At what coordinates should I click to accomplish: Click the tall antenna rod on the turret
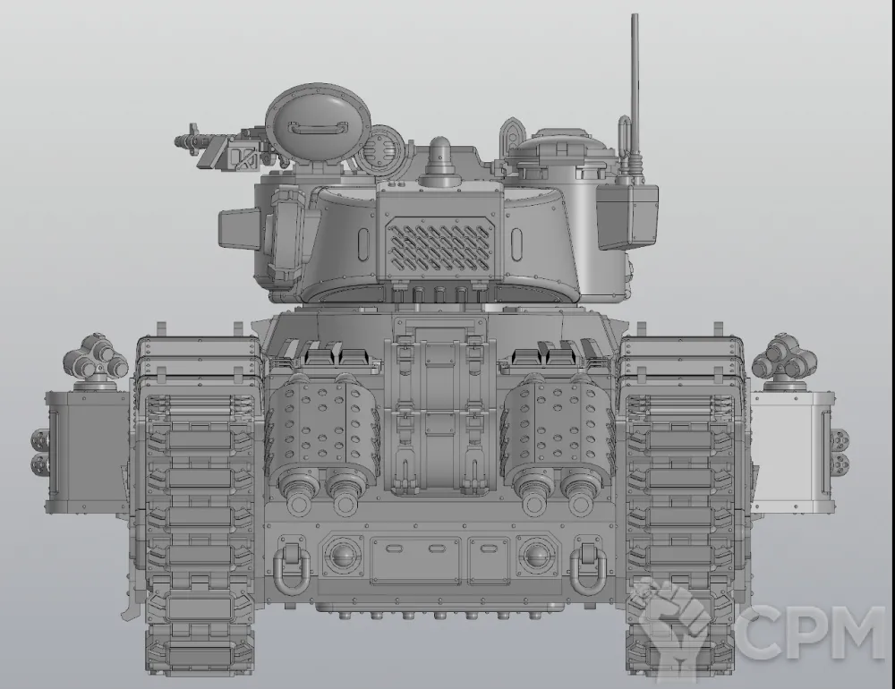pyautogui.click(x=635, y=86)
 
